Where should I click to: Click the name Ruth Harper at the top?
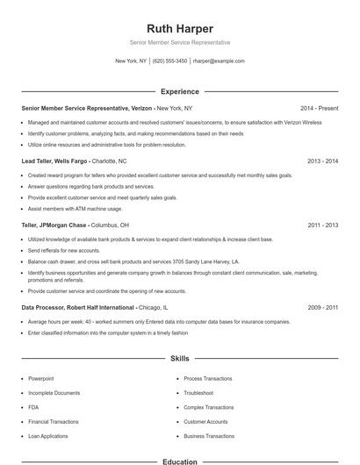(179, 28)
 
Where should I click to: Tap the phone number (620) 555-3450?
(169, 61)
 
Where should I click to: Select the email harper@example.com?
(218, 61)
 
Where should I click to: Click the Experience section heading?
(179, 90)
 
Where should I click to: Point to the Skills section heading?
(179, 359)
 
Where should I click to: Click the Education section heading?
(179, 460)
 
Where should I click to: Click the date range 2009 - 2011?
(323, 308)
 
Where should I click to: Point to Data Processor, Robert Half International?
(78, 308)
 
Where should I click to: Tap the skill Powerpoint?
(41, 378)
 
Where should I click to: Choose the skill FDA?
(33, 407)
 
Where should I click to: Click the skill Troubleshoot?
(198, 393)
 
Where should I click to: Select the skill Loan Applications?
(47, 436)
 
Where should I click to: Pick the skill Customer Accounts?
(205, 422)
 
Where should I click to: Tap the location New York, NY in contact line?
(132, 61)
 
